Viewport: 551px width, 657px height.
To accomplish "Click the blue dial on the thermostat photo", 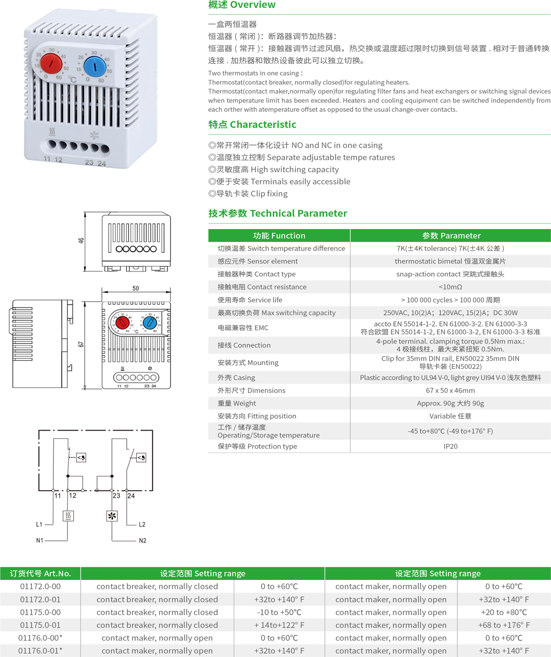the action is [x=95, y=66].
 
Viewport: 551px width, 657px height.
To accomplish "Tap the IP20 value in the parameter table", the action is [x=450, y=446].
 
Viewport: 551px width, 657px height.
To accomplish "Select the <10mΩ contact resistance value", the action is [x=450, y=287].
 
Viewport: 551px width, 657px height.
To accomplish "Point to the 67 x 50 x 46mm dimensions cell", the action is [x=450, y=390].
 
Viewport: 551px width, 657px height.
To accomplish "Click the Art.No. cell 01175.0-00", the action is [x=40, y=612].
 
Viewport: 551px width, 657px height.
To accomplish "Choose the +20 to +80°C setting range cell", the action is [x=504, y=612].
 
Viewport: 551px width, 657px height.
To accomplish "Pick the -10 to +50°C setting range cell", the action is [x=279, y=612].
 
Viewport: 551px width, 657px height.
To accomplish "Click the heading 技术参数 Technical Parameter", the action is [x=278, y=213].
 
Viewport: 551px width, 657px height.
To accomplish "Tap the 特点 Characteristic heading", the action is [x=252, y=124].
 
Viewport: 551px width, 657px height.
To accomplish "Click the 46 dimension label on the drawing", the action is [x=81, y=241].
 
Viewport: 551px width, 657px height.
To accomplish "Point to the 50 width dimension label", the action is [x=136, y=288].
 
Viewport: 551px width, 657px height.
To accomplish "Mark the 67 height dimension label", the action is [x=81, y=344].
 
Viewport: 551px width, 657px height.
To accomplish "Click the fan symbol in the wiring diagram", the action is [x=112, y=516].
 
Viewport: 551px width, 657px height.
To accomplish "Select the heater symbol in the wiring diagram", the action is [x=68, y=516].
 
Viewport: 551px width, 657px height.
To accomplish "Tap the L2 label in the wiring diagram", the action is [x=142, y=525].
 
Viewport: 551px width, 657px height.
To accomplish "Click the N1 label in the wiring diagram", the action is [x=40, y=540].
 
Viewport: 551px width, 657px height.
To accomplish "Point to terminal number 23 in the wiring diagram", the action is [x=116, y=496].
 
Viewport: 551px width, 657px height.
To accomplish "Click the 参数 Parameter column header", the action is [x=451, y=236].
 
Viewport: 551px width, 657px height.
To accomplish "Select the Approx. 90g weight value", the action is [x=450, y=404].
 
